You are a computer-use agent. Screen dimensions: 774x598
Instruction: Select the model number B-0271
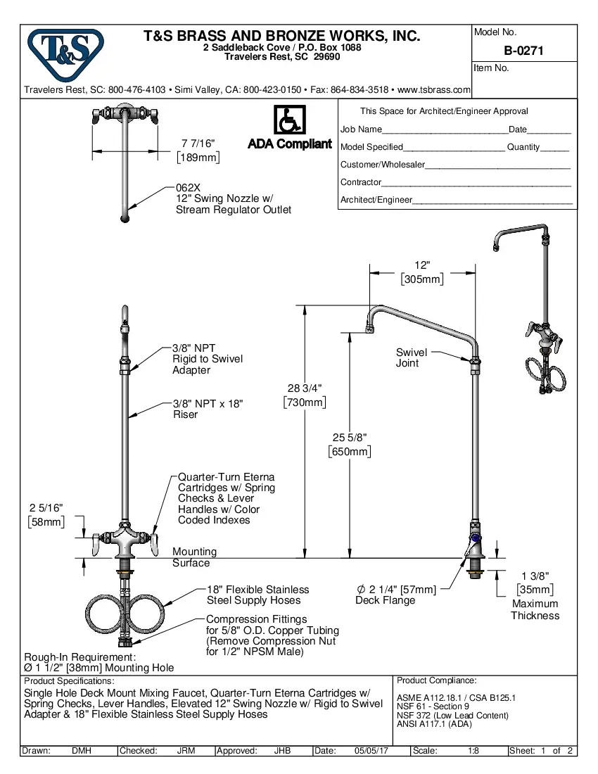(x=523, y=51)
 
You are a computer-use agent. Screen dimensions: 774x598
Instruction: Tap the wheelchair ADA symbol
(x=288, y=120)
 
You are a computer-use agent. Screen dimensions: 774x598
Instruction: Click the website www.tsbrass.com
(x=434, y=90)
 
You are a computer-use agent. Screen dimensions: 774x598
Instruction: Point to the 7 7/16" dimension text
(x=198, y=144)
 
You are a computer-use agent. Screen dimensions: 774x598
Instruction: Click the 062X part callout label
(x=188, y=188)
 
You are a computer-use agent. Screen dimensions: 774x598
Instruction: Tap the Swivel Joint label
(x=411, y=357)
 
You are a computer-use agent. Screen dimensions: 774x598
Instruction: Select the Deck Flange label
(x=385, y=600)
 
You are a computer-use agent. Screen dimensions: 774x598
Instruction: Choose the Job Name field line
(x=444, y=130)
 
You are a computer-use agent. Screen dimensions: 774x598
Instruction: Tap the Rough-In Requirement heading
(x=75, y=657)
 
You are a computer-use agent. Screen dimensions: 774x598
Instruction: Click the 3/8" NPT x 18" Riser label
(x=208, y=409)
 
